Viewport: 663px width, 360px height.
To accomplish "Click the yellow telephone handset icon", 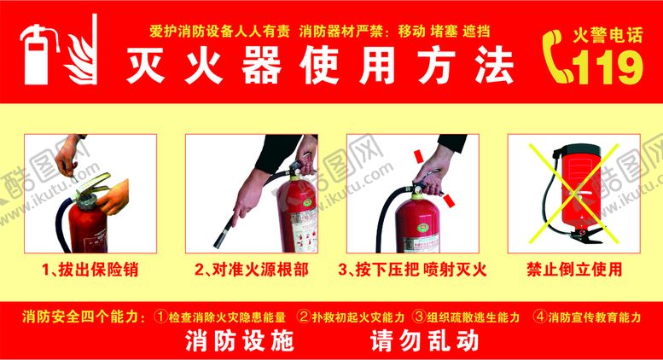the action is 556,56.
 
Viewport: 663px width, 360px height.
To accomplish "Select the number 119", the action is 608,67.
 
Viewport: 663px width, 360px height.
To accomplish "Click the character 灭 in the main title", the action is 145,66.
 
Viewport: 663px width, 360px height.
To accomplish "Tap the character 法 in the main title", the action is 494,66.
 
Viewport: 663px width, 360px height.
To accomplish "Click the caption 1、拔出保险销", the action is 90,270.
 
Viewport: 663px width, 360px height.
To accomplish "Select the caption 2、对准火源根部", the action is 252,270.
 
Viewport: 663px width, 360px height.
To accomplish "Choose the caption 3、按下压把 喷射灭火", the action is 412,270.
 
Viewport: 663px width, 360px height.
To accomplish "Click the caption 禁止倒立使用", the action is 574,270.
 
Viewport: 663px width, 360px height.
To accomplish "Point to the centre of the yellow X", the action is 573,194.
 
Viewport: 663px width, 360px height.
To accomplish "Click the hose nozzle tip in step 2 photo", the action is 218,244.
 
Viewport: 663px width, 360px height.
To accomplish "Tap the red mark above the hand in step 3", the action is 419,156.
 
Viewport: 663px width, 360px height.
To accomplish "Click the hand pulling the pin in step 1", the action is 70,154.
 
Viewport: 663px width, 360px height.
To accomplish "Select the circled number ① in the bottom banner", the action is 161,316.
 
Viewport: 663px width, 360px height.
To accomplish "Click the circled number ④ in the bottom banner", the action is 540,316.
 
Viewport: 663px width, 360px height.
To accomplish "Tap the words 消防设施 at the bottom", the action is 239,341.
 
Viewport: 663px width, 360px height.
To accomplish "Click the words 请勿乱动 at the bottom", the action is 425,341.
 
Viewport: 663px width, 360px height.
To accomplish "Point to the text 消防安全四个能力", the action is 80,316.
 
